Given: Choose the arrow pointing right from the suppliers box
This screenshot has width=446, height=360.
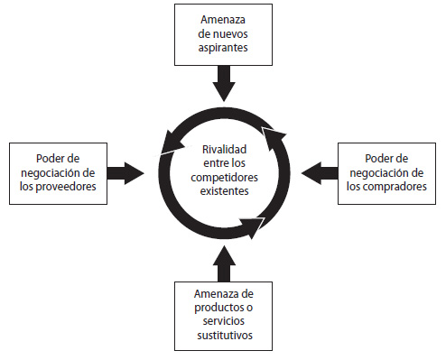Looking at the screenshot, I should (125, 171).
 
